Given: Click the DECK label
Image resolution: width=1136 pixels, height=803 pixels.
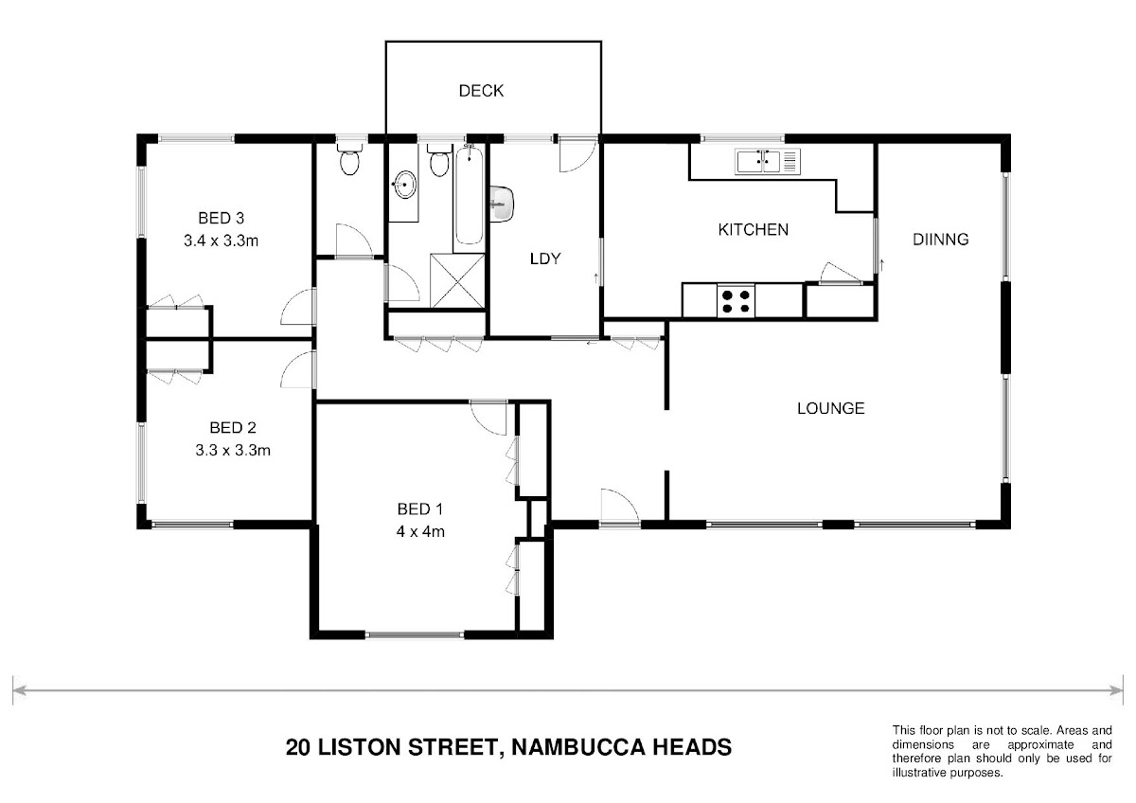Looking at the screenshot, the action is coord(481,91).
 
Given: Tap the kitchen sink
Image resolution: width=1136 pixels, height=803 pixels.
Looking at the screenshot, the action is coord(768,161).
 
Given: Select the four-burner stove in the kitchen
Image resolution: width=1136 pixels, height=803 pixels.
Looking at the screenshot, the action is coord(736,301).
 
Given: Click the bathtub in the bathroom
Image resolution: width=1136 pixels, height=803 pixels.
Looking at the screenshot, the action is coord(469,195).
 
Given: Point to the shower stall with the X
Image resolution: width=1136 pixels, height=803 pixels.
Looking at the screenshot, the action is coord(457,280).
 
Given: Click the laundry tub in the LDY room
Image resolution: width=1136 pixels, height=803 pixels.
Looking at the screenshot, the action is coord(502,204).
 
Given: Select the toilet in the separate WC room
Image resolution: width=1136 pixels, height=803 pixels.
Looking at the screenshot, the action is coord(349,158).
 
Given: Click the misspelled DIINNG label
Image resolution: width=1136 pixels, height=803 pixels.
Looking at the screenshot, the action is coord(940,240).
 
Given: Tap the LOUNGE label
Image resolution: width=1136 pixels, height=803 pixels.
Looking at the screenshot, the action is coord(831,408).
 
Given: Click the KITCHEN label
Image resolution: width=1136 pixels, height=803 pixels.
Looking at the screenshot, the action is coord(754,230).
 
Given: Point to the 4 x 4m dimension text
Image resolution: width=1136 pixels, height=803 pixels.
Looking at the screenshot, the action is coord(420,531).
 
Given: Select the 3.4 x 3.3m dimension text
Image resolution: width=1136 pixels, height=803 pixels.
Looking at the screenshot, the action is coord(222,241).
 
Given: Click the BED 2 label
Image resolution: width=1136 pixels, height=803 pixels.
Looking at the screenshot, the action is coord(233,428).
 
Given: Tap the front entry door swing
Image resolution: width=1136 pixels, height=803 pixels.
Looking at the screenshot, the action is coord(619,507).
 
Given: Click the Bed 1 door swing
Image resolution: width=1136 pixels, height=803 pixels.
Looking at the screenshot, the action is coord(488,418).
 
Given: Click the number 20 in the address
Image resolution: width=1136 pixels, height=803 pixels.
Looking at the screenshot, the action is coord(298,747).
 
